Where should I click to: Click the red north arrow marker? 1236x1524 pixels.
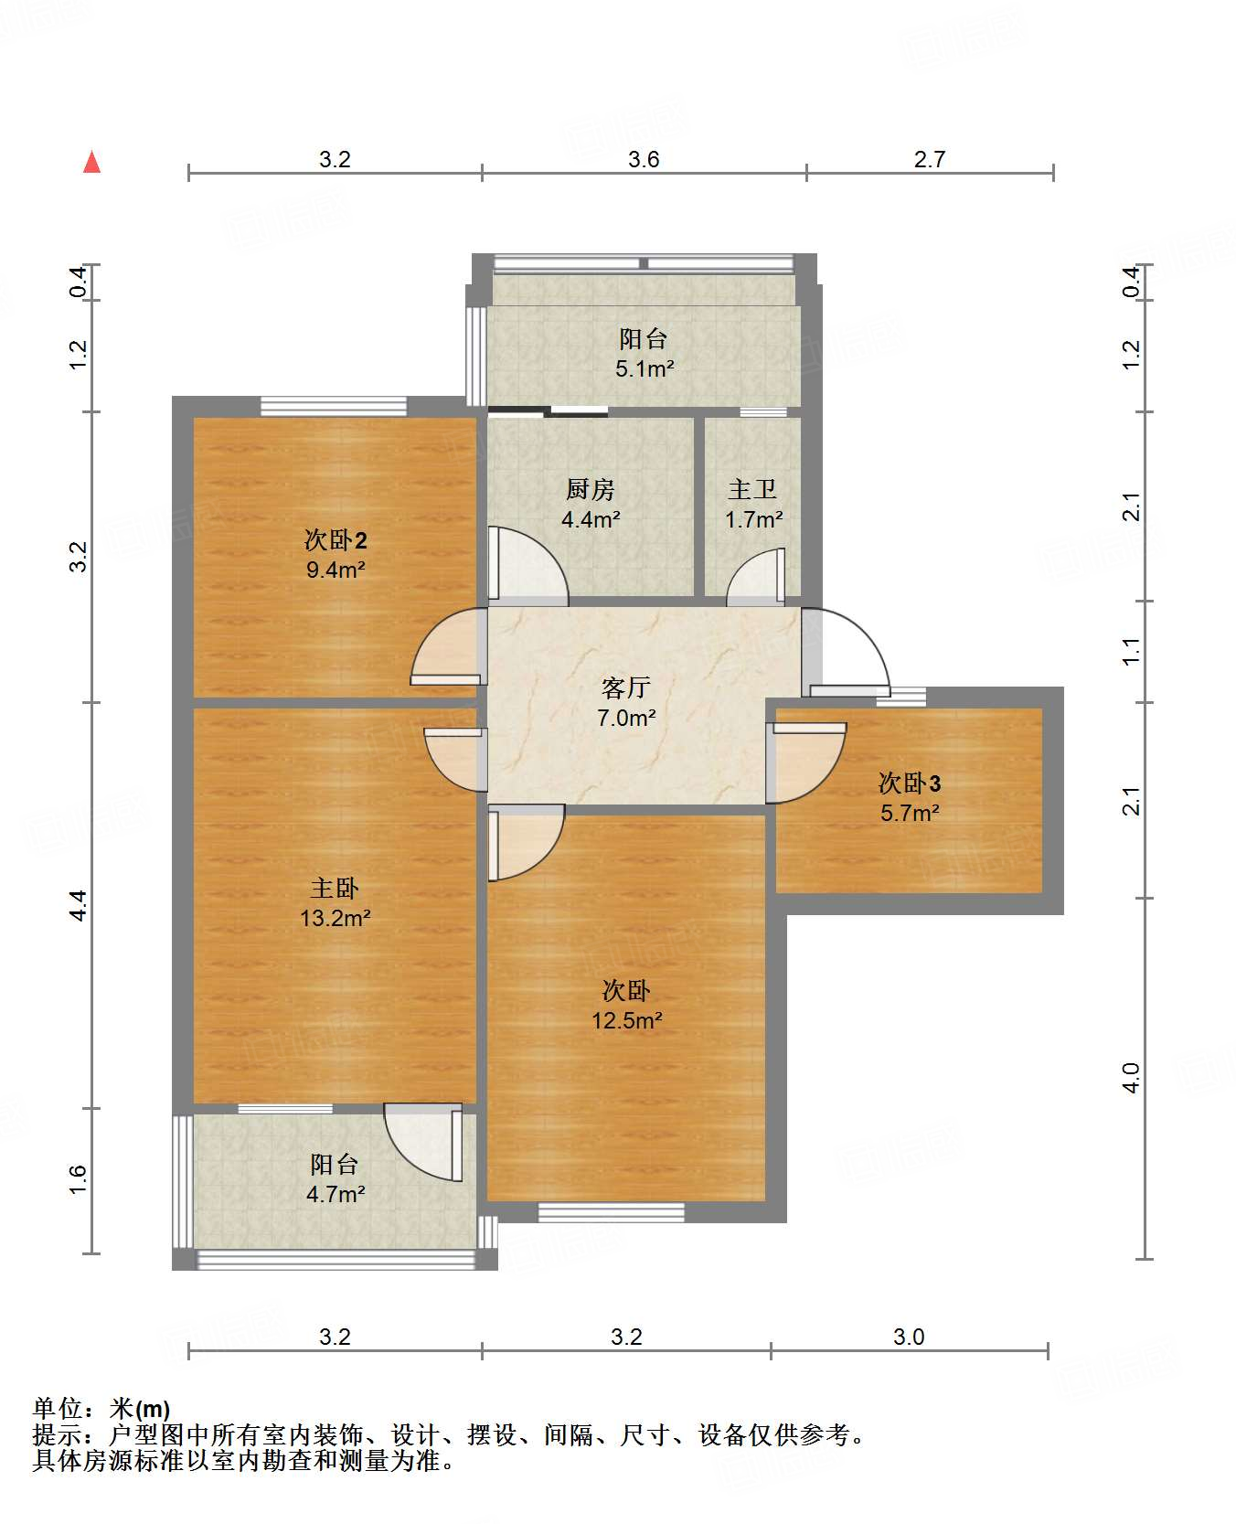[91, 162]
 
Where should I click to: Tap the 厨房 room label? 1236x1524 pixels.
[591, 490]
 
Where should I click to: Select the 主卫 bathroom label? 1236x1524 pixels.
[752, 490]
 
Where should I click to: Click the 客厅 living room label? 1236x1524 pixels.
[626, 687]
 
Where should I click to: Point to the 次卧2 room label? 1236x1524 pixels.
[336, 539]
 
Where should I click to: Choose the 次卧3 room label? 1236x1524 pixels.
[910, 783]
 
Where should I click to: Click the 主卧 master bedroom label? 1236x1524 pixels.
[335, 888]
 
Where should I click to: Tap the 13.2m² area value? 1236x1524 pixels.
[336, 918]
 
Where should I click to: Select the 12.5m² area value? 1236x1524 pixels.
[626, 1020]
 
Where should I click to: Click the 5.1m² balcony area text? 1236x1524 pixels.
[645, 369]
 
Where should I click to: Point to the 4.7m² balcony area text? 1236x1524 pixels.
[336, 1194]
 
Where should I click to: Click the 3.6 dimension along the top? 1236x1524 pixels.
[644, 159]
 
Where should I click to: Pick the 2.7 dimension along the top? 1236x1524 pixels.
[930, 159]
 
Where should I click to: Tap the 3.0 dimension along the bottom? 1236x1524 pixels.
[909, 1337]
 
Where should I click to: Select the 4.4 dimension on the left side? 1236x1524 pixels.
[79, 904]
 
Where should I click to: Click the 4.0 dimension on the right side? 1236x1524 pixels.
[1132, 1078]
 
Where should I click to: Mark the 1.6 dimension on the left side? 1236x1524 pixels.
[79, 1179]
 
